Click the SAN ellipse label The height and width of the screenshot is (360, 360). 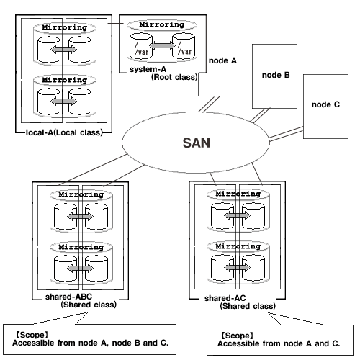197,143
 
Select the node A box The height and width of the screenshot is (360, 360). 220,64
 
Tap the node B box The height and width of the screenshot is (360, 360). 274,76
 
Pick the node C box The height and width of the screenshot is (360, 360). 325,107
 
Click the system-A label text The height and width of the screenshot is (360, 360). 148,69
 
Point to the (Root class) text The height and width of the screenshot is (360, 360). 174,77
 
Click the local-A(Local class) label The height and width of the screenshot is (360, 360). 64,132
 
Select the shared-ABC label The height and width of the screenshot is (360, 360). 68,297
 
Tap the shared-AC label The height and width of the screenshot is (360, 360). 225,298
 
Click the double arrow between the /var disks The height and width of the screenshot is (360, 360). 163,45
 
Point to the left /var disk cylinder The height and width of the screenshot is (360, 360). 141,46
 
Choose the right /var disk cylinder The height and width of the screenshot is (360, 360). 184,46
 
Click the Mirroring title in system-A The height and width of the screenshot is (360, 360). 162,24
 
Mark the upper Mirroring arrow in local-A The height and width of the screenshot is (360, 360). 64,50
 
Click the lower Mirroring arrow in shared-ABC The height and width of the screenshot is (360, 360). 80,268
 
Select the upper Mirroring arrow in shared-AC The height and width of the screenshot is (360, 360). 237,215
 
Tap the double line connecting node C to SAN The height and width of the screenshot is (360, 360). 286,134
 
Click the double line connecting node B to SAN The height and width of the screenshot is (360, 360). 260,116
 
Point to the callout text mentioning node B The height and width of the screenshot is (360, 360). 91,343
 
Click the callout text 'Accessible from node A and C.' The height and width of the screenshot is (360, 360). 279,343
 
